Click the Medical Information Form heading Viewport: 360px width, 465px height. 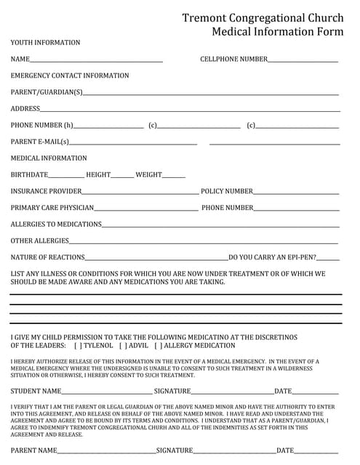click(x=277, y=32)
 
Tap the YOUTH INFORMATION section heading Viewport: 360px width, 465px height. click(x=45, y=43)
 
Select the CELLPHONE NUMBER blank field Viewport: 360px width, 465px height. click(x=303, y=60)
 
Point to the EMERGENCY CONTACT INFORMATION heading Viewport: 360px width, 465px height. click(x=70, y=76)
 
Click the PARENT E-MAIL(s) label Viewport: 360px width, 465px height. click(x=40, y=142)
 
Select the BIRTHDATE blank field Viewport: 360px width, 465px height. click(x=66, y=176)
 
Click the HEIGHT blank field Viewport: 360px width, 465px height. click(x=122, y=176)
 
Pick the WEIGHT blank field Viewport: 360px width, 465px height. click(x=174, y=176)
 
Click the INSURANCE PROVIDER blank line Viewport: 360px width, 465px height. click(x=140, y=193)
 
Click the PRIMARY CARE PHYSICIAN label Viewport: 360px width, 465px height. click(x=52, y=208)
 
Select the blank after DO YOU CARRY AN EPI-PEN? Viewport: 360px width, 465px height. click(x=328, y=258)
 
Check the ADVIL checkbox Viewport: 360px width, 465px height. click(x=123, y=346)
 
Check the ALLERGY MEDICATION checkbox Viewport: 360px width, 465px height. click(x=158, y=346)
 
